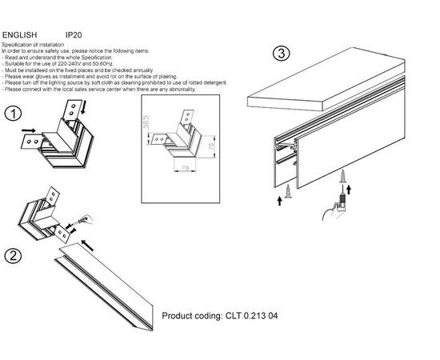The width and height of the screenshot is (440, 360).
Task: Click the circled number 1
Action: tap(11, 114)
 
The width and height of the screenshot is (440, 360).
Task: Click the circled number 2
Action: tap(11, 256)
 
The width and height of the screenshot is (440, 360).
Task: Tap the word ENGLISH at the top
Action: tap(18, 36)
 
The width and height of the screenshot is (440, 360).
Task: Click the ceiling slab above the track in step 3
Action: tap(320, 90)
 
